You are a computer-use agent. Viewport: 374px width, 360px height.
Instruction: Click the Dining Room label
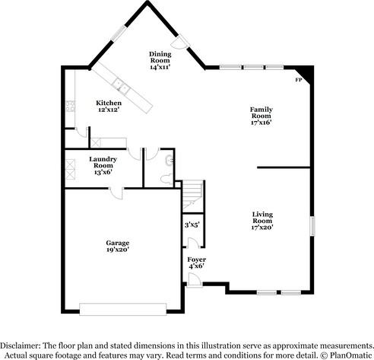[x=160, y=60]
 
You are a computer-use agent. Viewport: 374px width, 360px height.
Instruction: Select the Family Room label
[x=261, y=115]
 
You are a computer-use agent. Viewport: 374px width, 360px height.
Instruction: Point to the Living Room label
[x=262, y=221]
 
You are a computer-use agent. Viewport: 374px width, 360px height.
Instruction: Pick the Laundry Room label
[x=102, y=165]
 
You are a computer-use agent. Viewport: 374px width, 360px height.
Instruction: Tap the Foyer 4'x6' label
[x=196, y=263]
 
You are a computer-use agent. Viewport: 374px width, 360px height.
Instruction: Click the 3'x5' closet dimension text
[x=192, y=225]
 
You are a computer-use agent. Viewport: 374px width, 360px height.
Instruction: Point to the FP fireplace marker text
[x=297, y=78]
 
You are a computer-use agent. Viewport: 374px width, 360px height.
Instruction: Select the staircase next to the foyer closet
[x=193, y=195]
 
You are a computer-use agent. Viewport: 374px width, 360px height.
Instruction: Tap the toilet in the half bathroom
[x=166, y=177]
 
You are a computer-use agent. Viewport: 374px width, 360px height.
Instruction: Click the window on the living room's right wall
[x=311, y=228]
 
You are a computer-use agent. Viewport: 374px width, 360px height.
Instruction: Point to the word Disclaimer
[x=21, y=345]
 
